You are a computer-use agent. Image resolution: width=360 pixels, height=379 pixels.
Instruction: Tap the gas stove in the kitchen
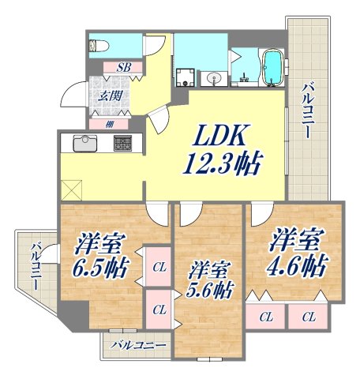click(123, 144)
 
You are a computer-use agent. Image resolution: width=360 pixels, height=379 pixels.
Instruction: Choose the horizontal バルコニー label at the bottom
click(138, 345)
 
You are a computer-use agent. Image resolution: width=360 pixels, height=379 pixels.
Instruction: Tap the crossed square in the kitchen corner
click(72, 189)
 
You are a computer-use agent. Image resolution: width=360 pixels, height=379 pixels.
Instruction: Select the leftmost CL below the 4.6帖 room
click(266, 317)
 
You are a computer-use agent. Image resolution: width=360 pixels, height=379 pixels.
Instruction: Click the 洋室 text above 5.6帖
click(209, 268)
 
